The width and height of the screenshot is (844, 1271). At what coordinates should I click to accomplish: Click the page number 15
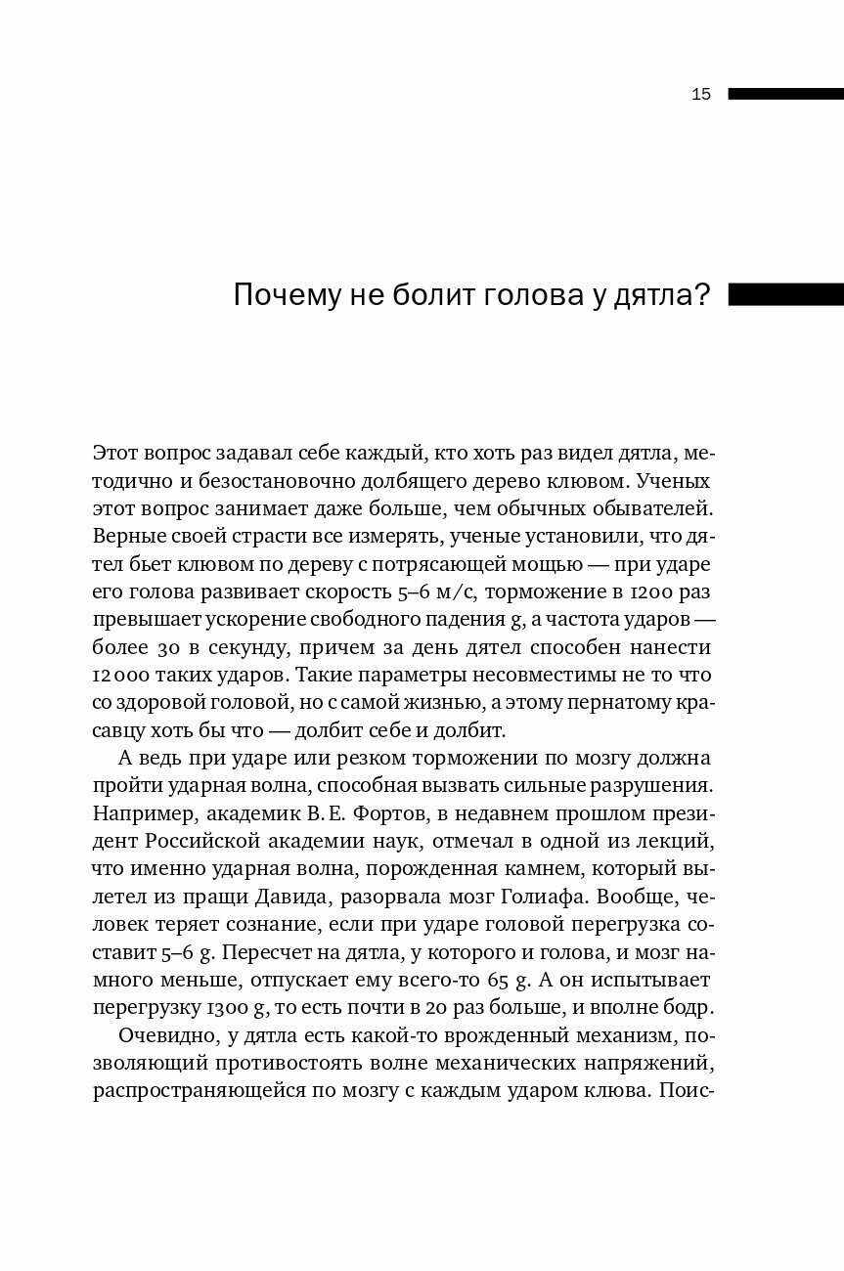point(700,95)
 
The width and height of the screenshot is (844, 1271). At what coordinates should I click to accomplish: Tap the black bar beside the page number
point(785,94)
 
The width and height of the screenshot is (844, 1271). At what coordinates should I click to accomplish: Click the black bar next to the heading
point(785,294)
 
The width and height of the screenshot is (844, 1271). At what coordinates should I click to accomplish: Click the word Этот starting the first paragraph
point(116,454)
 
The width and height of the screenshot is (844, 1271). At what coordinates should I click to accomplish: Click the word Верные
point(126,537)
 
